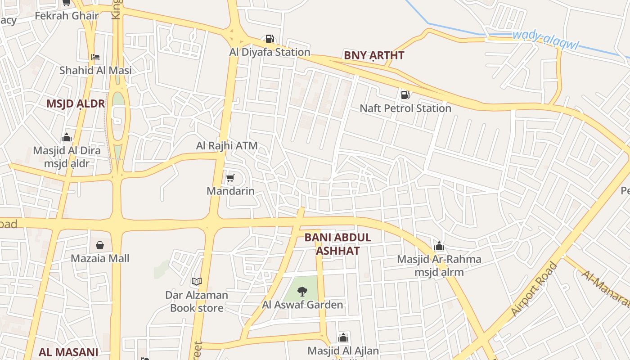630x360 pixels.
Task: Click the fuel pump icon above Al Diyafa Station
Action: (x=270, y=39)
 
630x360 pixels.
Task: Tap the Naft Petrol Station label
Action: (x=405, y=108)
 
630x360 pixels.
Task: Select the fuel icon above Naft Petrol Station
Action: (x=405, y=94)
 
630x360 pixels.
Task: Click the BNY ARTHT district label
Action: (x=374, y=56)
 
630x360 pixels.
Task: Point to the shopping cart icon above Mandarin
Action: (x=230, y=178)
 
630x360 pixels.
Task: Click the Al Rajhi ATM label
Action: (x=227, y=146)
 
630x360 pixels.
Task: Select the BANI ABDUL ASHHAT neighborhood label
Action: (x=337, y=244)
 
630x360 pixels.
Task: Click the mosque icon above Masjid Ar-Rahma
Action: (x=439, y=246)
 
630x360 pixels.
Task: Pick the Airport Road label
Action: (x=535, y=288)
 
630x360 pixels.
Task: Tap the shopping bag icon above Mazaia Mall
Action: (x=100, y=245)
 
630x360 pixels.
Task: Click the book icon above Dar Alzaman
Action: (x=196, y=282)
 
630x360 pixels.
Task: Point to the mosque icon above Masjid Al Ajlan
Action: (x=343, y=337)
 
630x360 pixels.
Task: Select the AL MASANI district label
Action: (x=68, y=352)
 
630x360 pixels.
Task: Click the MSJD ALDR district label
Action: (x=76, y=104)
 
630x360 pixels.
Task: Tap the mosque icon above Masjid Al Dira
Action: (x=67, y=137)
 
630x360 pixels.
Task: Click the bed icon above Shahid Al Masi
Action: (x=95, y=57)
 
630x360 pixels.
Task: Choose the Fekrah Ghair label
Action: (x=67, y=16)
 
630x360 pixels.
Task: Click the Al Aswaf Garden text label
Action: (x=302, y=305)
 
